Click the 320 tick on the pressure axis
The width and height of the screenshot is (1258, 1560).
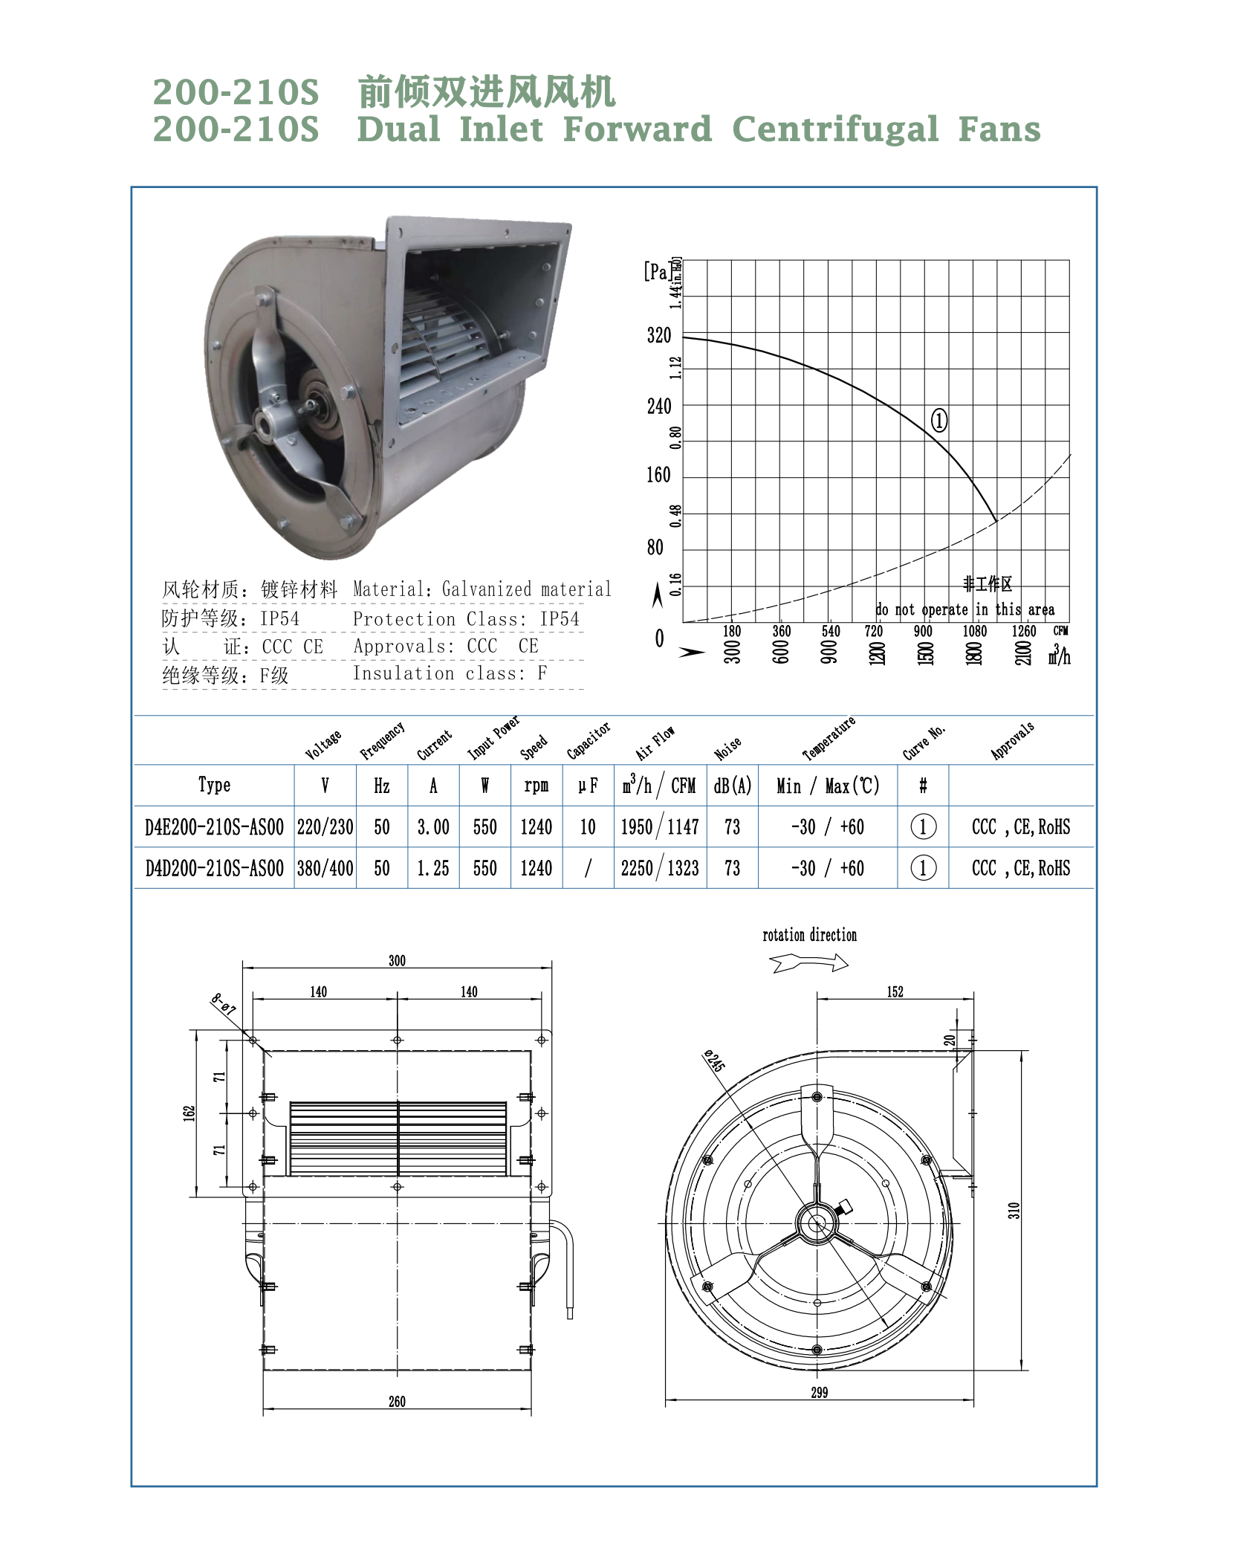tap(659, 336)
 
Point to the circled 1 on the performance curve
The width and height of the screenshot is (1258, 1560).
tap(939, 421)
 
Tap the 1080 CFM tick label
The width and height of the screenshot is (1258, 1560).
tap(974, 631)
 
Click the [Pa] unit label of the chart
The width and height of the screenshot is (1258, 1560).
tap(657, 271)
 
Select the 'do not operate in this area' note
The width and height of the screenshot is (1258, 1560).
tap(964, 610)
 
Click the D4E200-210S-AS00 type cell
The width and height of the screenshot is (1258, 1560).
tap(214, 827)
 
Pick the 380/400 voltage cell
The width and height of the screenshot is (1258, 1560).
tap(325, 868)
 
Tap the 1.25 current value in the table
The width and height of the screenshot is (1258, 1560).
tap(433, 868)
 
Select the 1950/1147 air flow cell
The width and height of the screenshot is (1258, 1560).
tap(660, 827)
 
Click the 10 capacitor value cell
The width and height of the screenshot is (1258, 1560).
tap(588, 827)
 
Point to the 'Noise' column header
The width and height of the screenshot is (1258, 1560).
tap(727, 748)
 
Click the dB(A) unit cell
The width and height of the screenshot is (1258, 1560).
tap(733, 786)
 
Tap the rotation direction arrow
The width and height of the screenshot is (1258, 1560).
tap(809, 963)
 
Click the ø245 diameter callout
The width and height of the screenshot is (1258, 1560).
tap(714, 1061)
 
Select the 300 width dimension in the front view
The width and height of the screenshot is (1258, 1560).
tap(397, 960)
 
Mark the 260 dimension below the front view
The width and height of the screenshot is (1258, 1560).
tap(397, 1401)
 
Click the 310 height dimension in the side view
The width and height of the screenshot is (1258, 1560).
tap(1014, 1210)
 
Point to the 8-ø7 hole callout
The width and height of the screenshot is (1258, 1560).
tap(223, 1004)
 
